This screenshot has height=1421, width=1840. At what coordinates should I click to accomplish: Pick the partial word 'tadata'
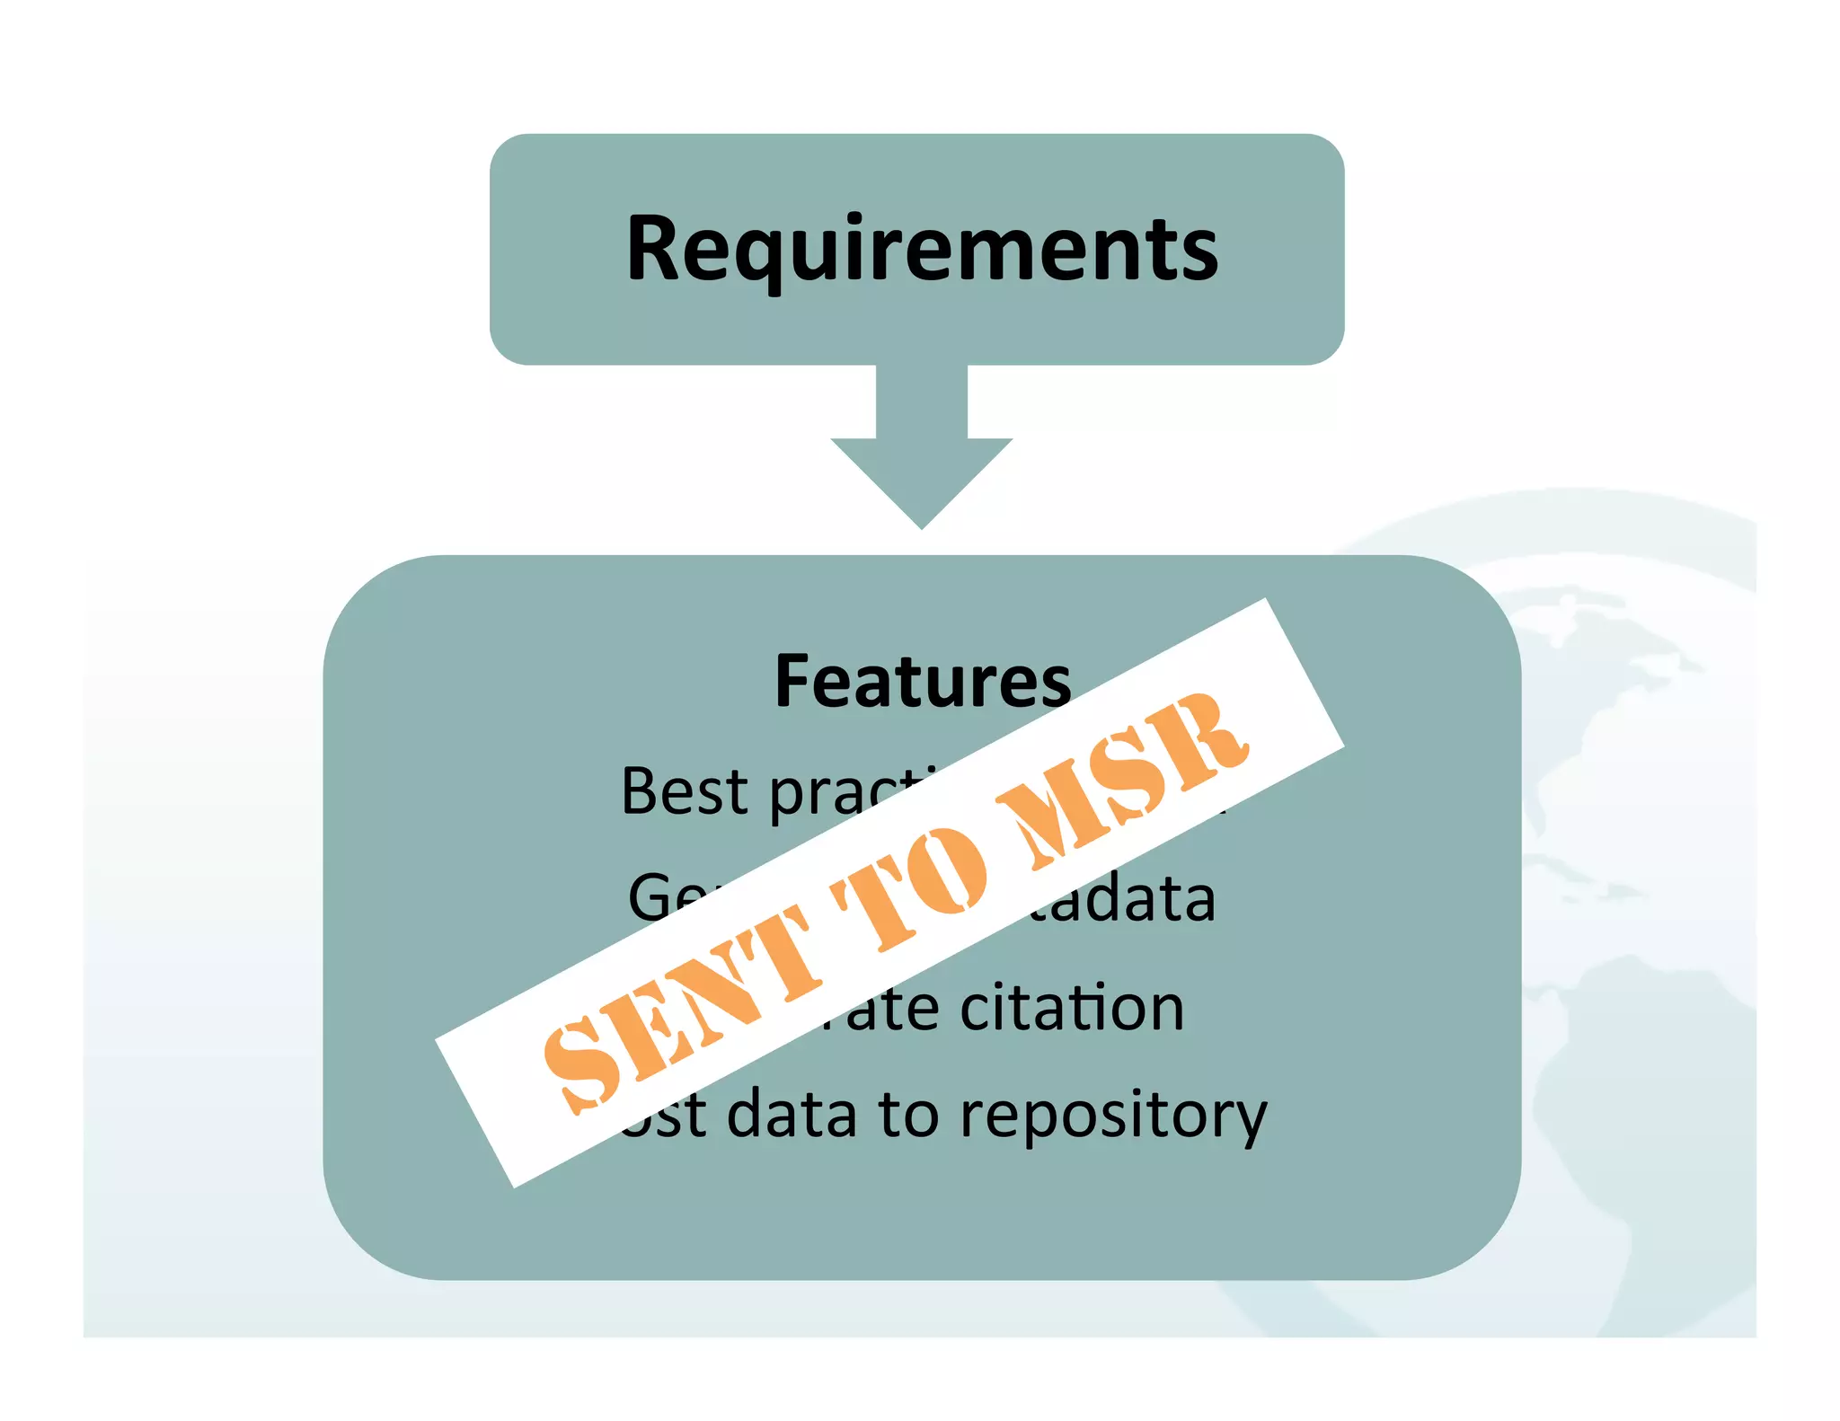(x=1123, y=898)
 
